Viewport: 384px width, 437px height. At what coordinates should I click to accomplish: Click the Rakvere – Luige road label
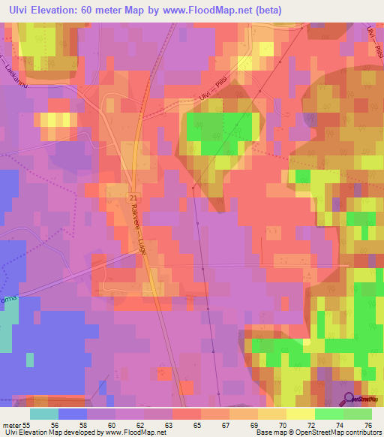point(138,228)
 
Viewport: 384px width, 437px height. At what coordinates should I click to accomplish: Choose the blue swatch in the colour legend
point(73,414)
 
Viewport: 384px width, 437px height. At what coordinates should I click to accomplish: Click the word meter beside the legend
point(10,425)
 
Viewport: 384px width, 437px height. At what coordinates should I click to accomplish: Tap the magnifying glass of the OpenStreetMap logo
point(348,398)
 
